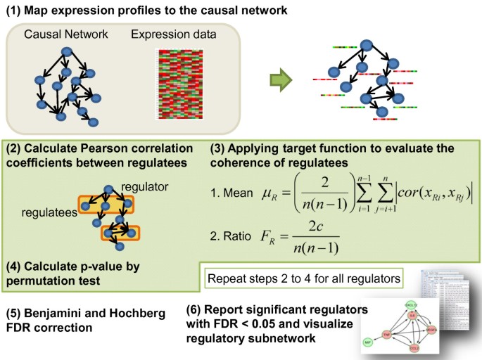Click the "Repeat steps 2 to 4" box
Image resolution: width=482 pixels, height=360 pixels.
(x=303, y=278)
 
